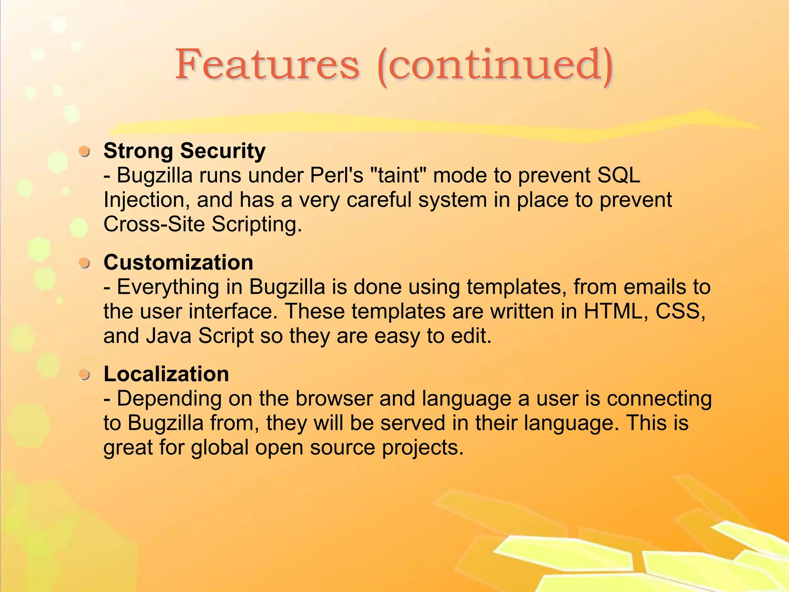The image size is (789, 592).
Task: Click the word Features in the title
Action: (x=267, y=65)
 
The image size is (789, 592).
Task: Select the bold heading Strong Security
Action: (x=185, y=151)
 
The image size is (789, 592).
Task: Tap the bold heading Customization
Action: (x=178, y=262)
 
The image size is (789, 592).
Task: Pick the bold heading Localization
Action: (x=166, y=374)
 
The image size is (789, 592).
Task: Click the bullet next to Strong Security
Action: (x=84, y=151)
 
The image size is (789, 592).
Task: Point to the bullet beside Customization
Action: (x=84, y=263)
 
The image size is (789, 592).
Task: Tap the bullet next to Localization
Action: (x=84, y=375)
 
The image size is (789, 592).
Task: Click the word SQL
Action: (x=618, y=175)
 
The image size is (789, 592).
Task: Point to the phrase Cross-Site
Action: (x=154, y=224)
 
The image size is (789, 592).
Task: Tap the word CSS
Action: (x=680, y=311)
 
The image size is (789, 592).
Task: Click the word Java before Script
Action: (x=168, y=336)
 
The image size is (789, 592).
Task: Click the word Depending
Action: (x=169, y=399)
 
